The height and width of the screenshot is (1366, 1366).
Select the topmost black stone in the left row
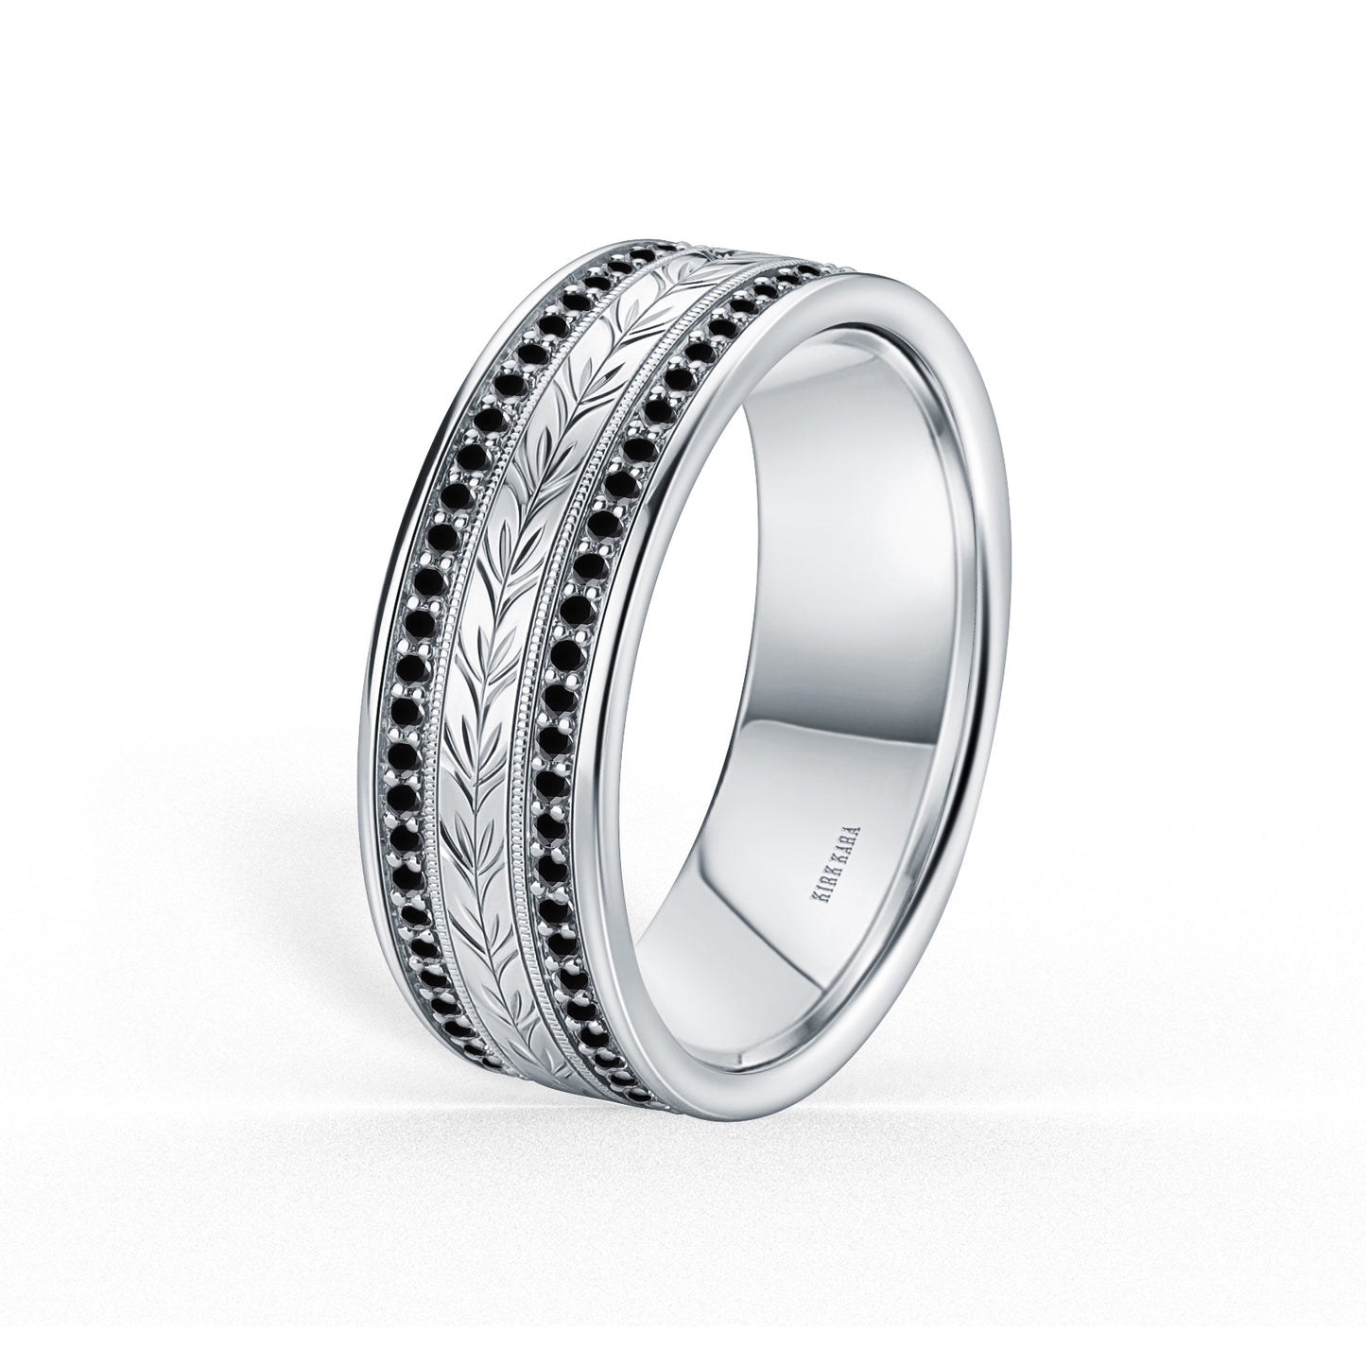tap(645, 254)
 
